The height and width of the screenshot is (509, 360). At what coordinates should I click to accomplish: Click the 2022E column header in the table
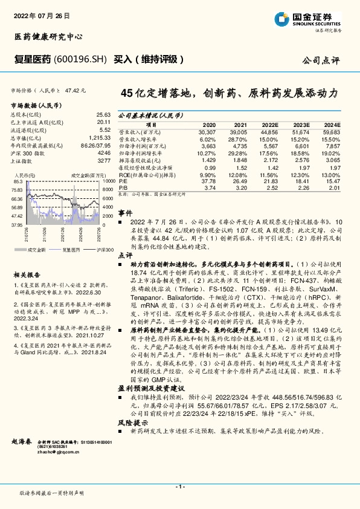pos(269,123)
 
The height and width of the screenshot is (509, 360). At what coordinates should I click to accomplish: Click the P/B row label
pos(123,187)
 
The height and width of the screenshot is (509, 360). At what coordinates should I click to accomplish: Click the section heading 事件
pos(124,213)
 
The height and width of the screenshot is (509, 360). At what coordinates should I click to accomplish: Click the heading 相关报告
pos(24,257)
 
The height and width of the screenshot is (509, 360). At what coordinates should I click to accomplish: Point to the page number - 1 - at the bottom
pos(179,487)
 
